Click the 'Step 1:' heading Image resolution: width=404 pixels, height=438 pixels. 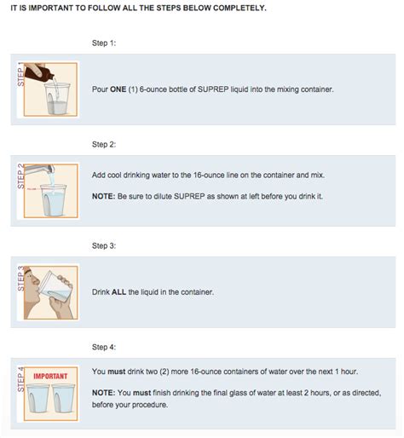104,43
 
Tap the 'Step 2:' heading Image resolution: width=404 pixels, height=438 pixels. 104,145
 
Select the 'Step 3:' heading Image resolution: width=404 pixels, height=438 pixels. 104,246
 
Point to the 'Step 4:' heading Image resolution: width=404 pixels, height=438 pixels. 104,347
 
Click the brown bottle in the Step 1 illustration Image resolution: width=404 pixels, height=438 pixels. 38,72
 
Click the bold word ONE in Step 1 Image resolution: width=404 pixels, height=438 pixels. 118,89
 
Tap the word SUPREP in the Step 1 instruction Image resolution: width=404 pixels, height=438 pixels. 213,89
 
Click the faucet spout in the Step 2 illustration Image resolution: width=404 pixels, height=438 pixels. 39,170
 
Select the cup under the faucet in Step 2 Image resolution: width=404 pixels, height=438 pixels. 53,199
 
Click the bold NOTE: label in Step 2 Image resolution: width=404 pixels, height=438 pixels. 103,196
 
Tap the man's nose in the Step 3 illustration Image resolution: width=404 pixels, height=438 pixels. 35,280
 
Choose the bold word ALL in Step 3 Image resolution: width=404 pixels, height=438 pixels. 118,292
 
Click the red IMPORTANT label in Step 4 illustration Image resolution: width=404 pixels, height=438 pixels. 50,377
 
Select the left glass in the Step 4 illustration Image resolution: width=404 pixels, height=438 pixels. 38,398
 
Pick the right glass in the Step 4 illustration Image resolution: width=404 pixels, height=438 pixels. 63,398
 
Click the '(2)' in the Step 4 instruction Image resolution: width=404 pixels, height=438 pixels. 164,372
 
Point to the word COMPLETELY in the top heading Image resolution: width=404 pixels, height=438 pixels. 240,8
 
